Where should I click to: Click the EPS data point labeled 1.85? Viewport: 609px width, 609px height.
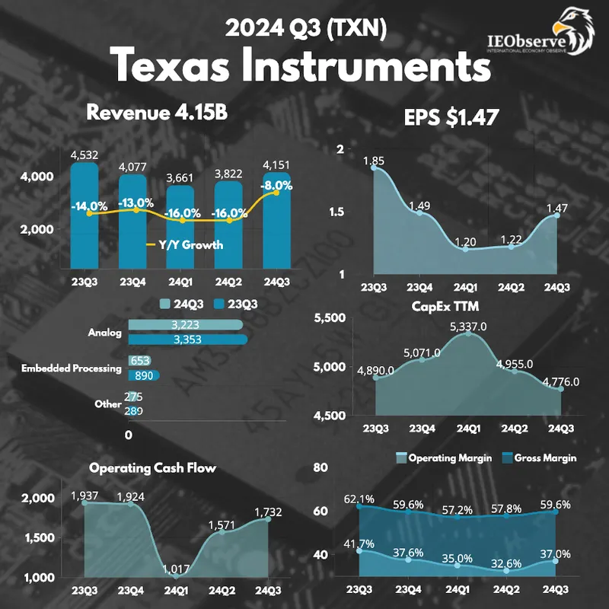click(373, 167)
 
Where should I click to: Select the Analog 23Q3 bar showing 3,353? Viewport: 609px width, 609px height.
click(187, 340)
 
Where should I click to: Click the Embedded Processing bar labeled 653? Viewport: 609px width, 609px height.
click(139, 361)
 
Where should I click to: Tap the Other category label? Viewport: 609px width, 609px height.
click(108, 404)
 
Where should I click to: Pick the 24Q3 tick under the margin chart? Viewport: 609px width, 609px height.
click(556, 590)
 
